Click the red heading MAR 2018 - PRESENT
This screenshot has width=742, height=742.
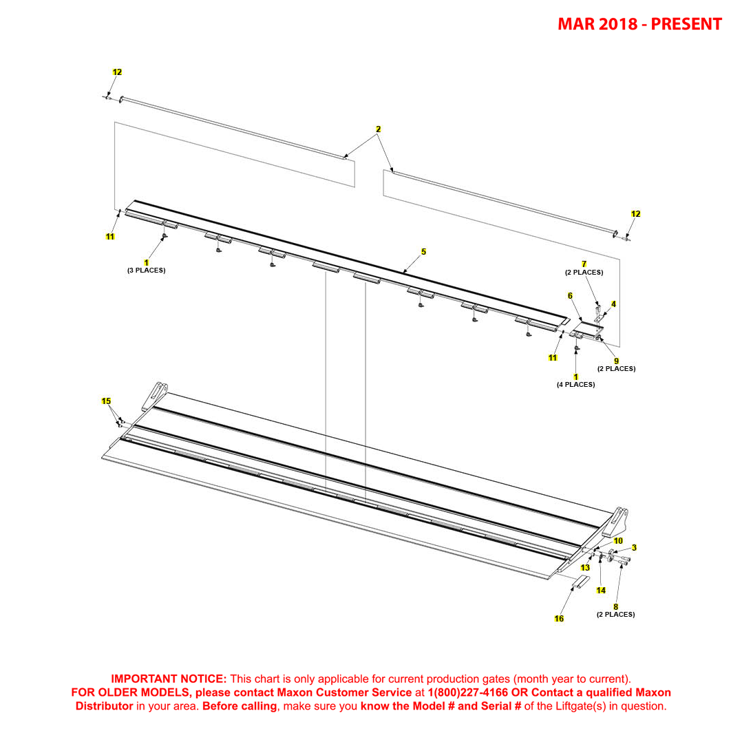point(639,25)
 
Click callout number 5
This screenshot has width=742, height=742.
point(423,252)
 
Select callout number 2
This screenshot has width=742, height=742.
point(378,129)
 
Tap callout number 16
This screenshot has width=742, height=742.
point(559,619)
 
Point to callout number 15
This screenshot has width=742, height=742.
point(106,401)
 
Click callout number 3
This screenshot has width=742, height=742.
point(634,548)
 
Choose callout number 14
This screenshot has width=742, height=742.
point(601,591)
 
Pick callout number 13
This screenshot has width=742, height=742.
point(585,568)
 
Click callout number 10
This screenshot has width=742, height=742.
point(618,541)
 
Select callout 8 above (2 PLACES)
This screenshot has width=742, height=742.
point(615,606)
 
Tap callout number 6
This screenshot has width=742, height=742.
point(570,295)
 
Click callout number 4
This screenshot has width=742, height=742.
point(613,304)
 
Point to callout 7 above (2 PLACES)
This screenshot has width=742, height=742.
point(584,264)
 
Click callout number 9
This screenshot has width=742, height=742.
point(616,361)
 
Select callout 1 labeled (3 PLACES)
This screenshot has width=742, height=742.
point(146,262)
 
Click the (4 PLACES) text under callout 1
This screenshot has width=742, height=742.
point(575,385)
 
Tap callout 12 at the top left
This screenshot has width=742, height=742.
point(117,72)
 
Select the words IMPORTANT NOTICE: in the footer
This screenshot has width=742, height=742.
point(169,679)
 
